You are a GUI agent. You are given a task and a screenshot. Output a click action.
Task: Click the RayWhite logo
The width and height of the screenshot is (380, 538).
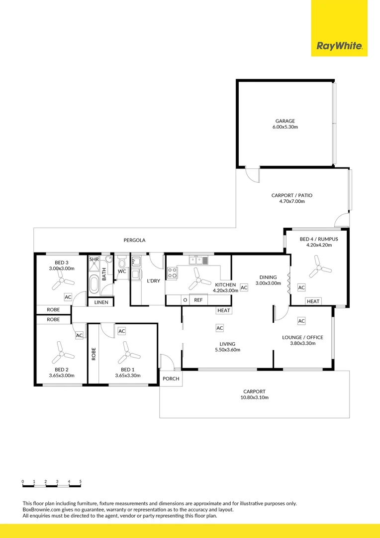(x=339, y=47)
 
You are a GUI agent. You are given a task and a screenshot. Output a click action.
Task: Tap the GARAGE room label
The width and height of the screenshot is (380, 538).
(x=285, y=121)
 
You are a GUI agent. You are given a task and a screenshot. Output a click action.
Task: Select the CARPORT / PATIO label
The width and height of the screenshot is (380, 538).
(x=291, y=195)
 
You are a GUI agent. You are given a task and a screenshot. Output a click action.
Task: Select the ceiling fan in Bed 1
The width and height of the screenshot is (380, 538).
(x=128, y=354)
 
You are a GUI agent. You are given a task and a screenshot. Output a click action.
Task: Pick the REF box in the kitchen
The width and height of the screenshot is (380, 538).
(x=198, y=300)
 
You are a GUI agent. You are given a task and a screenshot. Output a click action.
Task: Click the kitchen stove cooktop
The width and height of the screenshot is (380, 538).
(x=173, y=272)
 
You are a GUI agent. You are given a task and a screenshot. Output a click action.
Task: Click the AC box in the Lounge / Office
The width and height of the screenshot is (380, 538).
(x=301, y=321)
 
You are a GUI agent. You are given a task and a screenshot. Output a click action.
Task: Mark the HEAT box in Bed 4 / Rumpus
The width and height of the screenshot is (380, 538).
(x=313, y=301)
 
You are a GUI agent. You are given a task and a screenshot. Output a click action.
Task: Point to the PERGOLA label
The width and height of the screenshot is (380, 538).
(x=134, y=240)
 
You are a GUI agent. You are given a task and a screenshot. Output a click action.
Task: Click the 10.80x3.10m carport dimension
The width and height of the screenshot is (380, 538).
(x=254, y=398)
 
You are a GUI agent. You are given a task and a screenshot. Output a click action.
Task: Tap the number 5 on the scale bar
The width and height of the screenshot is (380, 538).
(x=81, y=482)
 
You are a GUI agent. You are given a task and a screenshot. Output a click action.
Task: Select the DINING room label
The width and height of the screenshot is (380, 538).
(x=267, y=277)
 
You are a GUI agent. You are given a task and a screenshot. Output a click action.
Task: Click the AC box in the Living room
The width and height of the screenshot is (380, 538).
(x=219, y=328)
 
